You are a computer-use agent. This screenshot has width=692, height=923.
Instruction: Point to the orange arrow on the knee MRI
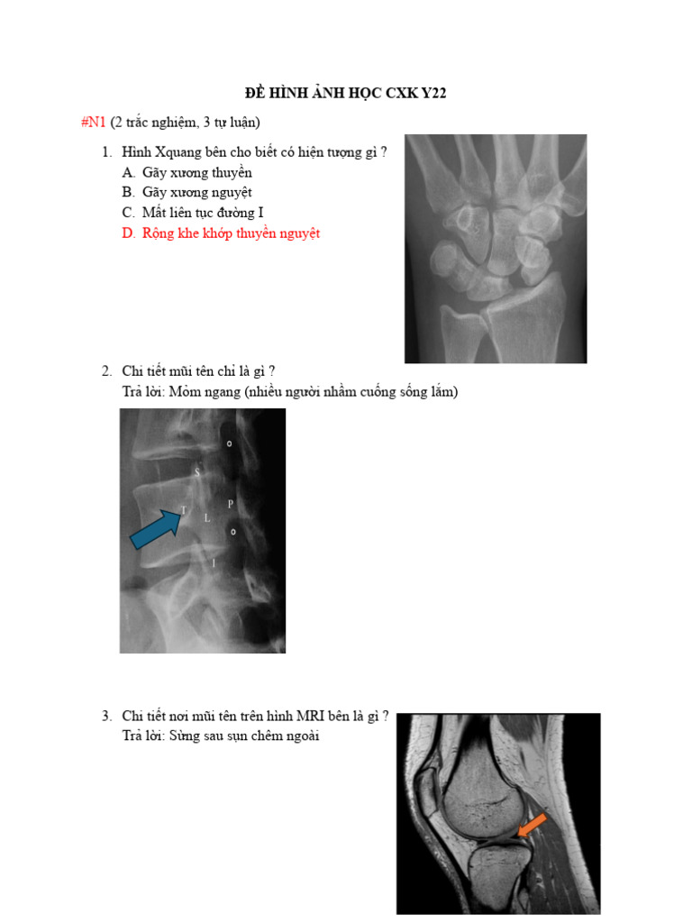[x=532, y=825]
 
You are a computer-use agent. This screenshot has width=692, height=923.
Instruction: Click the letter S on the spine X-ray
[x=198, y=471]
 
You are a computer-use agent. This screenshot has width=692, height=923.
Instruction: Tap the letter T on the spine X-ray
[x=184, y=510]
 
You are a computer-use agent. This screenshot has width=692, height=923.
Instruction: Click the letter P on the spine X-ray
[x=230, y=503]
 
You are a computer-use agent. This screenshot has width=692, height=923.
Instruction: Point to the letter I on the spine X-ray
[x=214, y=562]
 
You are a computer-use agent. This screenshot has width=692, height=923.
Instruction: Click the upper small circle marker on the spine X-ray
[x=230, y=444]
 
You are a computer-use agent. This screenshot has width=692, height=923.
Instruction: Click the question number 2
[x=105, y=371]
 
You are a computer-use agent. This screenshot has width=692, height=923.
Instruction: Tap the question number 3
[x=105, y=716]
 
